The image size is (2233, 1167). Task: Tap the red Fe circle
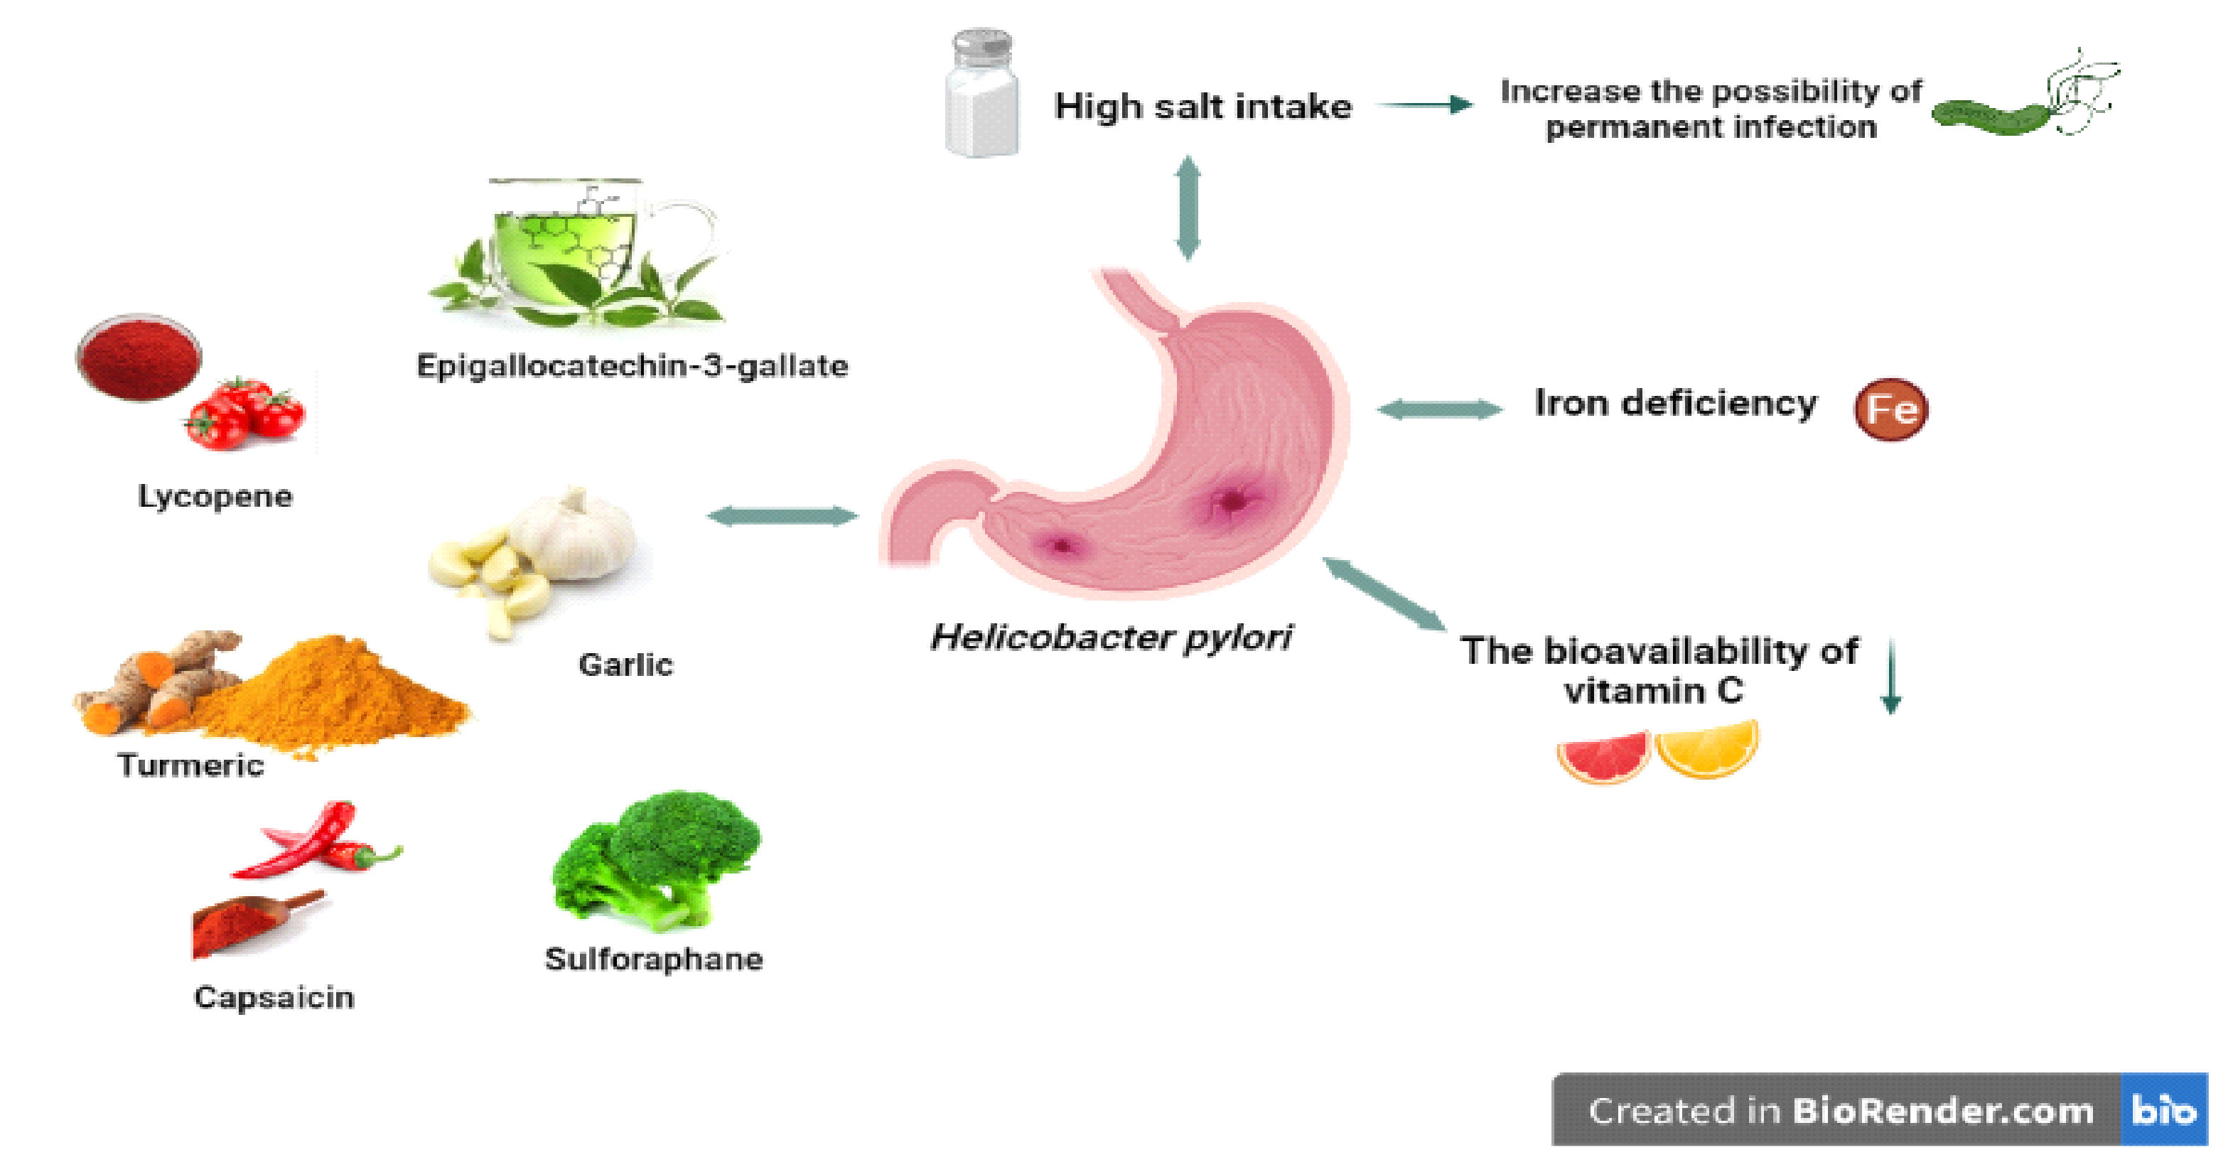[1890, 409]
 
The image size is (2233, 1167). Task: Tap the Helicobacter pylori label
[1112, 638]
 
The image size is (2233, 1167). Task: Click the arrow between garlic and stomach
[782, 517]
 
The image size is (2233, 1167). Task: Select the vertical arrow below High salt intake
[1187, 208]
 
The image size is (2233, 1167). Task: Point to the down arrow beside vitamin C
[1891, 677]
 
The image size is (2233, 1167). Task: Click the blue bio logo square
[2163, 1109]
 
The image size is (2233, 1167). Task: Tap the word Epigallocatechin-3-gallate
[632, 366]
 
